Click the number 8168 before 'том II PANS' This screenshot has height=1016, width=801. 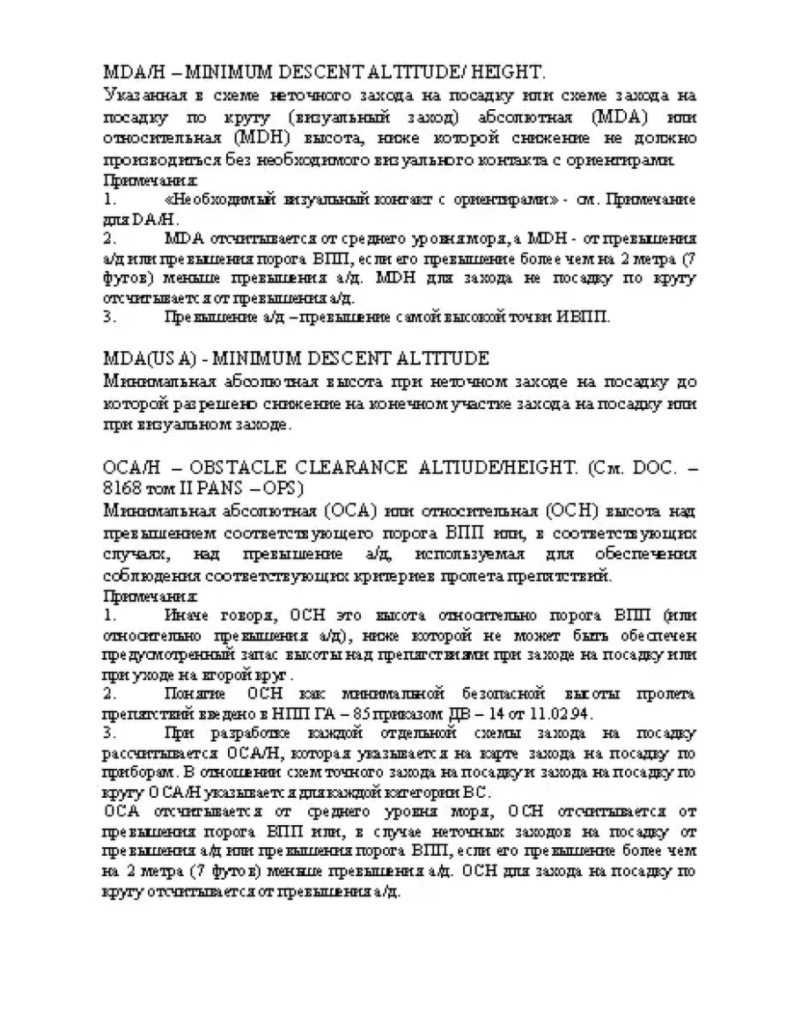click(121, 487)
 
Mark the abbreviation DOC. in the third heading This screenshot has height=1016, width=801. click(645, 465)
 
